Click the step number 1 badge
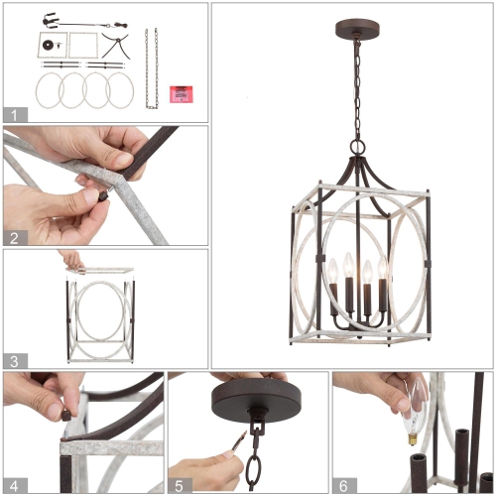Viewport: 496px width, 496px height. click(x=13, y=113)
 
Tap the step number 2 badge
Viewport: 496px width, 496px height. click(x=13, y=236)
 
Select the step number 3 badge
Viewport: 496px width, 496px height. click(x=13, y=360)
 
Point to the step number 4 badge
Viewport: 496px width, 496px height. click(x=13, y=484)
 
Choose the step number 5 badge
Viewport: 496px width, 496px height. click(x=178, y=484)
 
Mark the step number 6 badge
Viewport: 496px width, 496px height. click(x=342, y=484)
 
